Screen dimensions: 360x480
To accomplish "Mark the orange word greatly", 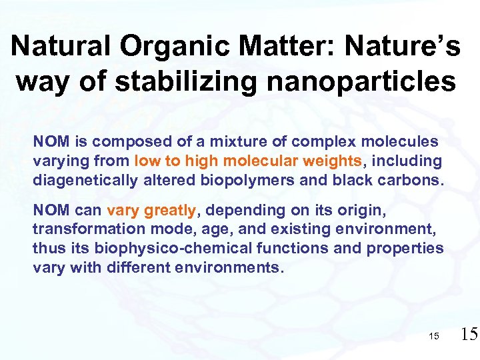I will (169, 211).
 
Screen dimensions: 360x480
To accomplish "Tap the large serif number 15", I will (468, 334).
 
